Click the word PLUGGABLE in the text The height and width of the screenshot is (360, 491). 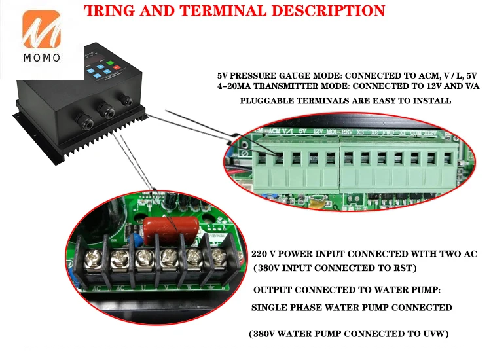click(266, 101)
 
